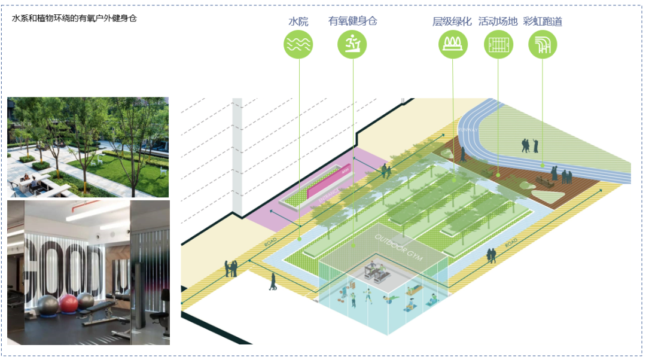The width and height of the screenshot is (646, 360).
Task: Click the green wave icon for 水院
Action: click(x=298, y=44)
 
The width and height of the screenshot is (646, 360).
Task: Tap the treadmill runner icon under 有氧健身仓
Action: click(x=352, y=44)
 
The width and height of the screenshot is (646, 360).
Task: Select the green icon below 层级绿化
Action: click(x=453, y=44)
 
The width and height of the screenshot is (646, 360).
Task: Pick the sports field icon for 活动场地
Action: click(x=498, y=44)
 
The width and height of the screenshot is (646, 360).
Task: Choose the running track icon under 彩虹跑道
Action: click(x=543, y=44)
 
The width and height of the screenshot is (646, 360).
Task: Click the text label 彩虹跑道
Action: click(x=543, y=22)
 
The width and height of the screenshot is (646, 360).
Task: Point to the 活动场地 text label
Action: click(x=498, y=22)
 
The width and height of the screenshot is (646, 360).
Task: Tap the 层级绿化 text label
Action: click(x=453, y=22)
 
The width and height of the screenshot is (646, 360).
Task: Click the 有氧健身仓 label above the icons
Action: click(x=352, y=22)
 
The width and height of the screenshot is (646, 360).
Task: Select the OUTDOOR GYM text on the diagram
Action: click(x=398, y=248)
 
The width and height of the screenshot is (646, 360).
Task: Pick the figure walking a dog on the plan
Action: click(x=273, y=282)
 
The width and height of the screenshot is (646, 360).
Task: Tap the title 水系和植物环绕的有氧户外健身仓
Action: click(x=74, y=19)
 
